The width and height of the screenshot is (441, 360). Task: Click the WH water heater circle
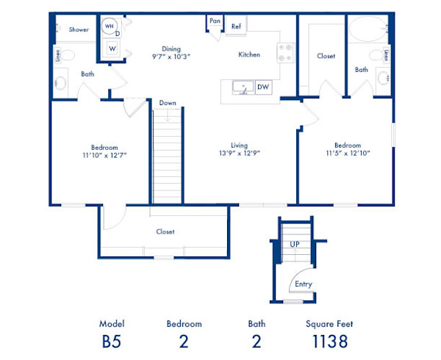click(110, 26)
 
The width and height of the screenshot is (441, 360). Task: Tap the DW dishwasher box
click(262, 87)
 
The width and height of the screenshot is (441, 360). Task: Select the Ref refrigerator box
click(236, 26)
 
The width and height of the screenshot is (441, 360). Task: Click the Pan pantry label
click(215, 21)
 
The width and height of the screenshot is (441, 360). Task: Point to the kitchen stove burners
click(286, 53)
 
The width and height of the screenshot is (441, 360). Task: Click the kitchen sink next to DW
click(242, 88)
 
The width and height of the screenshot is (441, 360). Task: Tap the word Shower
click(79, 29)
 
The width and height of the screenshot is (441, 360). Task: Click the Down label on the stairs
click(167, 103)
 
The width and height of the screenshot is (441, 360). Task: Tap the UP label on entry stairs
click(295, 243)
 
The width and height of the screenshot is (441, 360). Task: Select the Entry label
click(302, 284)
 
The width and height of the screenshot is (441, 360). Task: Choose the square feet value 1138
click(329, 341)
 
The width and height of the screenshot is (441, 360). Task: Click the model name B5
click(112, 341)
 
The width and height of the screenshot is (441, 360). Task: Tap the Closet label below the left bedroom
click(165, 231)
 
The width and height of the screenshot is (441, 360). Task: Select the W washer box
click(112, 49)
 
